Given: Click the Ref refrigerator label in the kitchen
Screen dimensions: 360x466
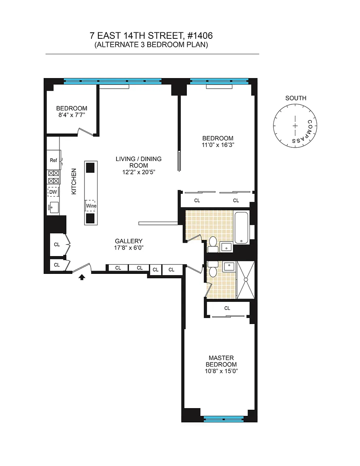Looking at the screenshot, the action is click(x=53, y=160).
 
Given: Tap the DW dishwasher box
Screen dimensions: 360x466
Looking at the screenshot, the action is click(x=53, y=192).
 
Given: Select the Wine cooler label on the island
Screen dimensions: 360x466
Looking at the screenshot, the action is click(x=91, y=205).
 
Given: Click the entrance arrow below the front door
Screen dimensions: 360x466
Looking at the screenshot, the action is click(x=82, y=277).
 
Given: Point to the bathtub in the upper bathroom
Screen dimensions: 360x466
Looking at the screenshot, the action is click(x=241, y=228).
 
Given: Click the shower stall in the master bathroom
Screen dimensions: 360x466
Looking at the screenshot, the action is click(x=246, y=280).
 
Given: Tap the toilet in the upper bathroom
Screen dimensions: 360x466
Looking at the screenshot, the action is click(x=212, y=245).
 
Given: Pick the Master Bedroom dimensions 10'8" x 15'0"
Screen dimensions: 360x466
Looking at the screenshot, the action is click(x=221, y=371).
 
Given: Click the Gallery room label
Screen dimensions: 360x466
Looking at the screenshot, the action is click(x=129, y=241).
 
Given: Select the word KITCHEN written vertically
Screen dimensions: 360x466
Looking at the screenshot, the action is click(x=74, y=181).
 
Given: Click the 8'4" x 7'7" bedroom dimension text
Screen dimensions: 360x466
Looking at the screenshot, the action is click(x=72, y=115).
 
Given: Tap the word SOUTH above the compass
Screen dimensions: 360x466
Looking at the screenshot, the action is click(x=296, y=98).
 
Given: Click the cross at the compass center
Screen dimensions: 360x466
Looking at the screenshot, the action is click(x=295, y=126).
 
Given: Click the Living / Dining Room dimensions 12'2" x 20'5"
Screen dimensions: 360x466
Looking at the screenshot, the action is click(x=138, y=172).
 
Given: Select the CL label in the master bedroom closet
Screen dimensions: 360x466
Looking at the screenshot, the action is click(x=227, y=308).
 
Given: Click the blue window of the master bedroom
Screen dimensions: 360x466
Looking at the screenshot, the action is click(x=224, y=419).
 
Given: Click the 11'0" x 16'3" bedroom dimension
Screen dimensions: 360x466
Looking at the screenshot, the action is click(x=218, y=145).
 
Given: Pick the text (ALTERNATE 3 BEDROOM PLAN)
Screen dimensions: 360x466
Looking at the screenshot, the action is click(x=151, y=45).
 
